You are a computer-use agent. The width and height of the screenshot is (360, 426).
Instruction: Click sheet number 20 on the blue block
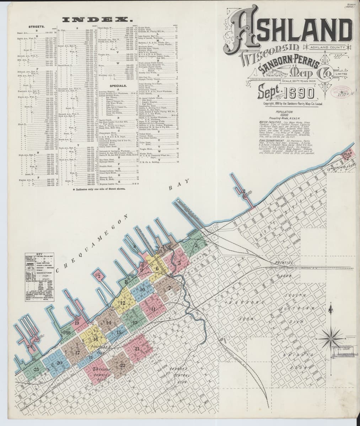[x=59, y=362]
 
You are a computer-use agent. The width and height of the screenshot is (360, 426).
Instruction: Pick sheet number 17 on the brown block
[x=77, y=353]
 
